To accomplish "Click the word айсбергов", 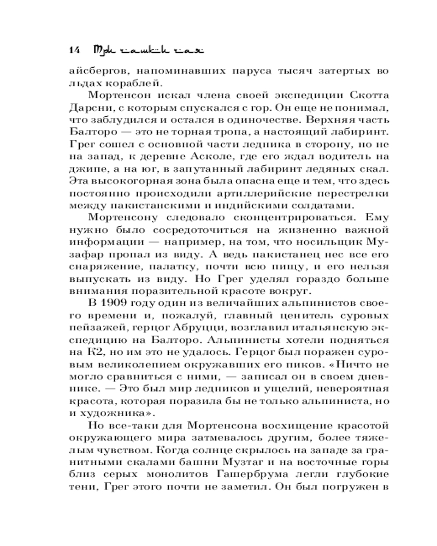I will click(x=97, y=70).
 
